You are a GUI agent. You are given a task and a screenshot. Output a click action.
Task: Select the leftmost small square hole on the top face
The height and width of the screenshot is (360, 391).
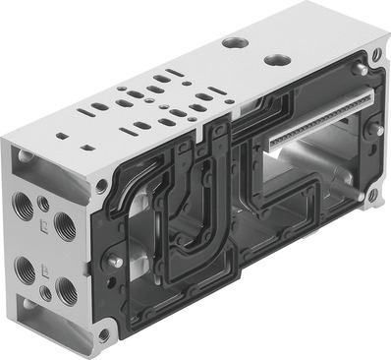tap(60, 137)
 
